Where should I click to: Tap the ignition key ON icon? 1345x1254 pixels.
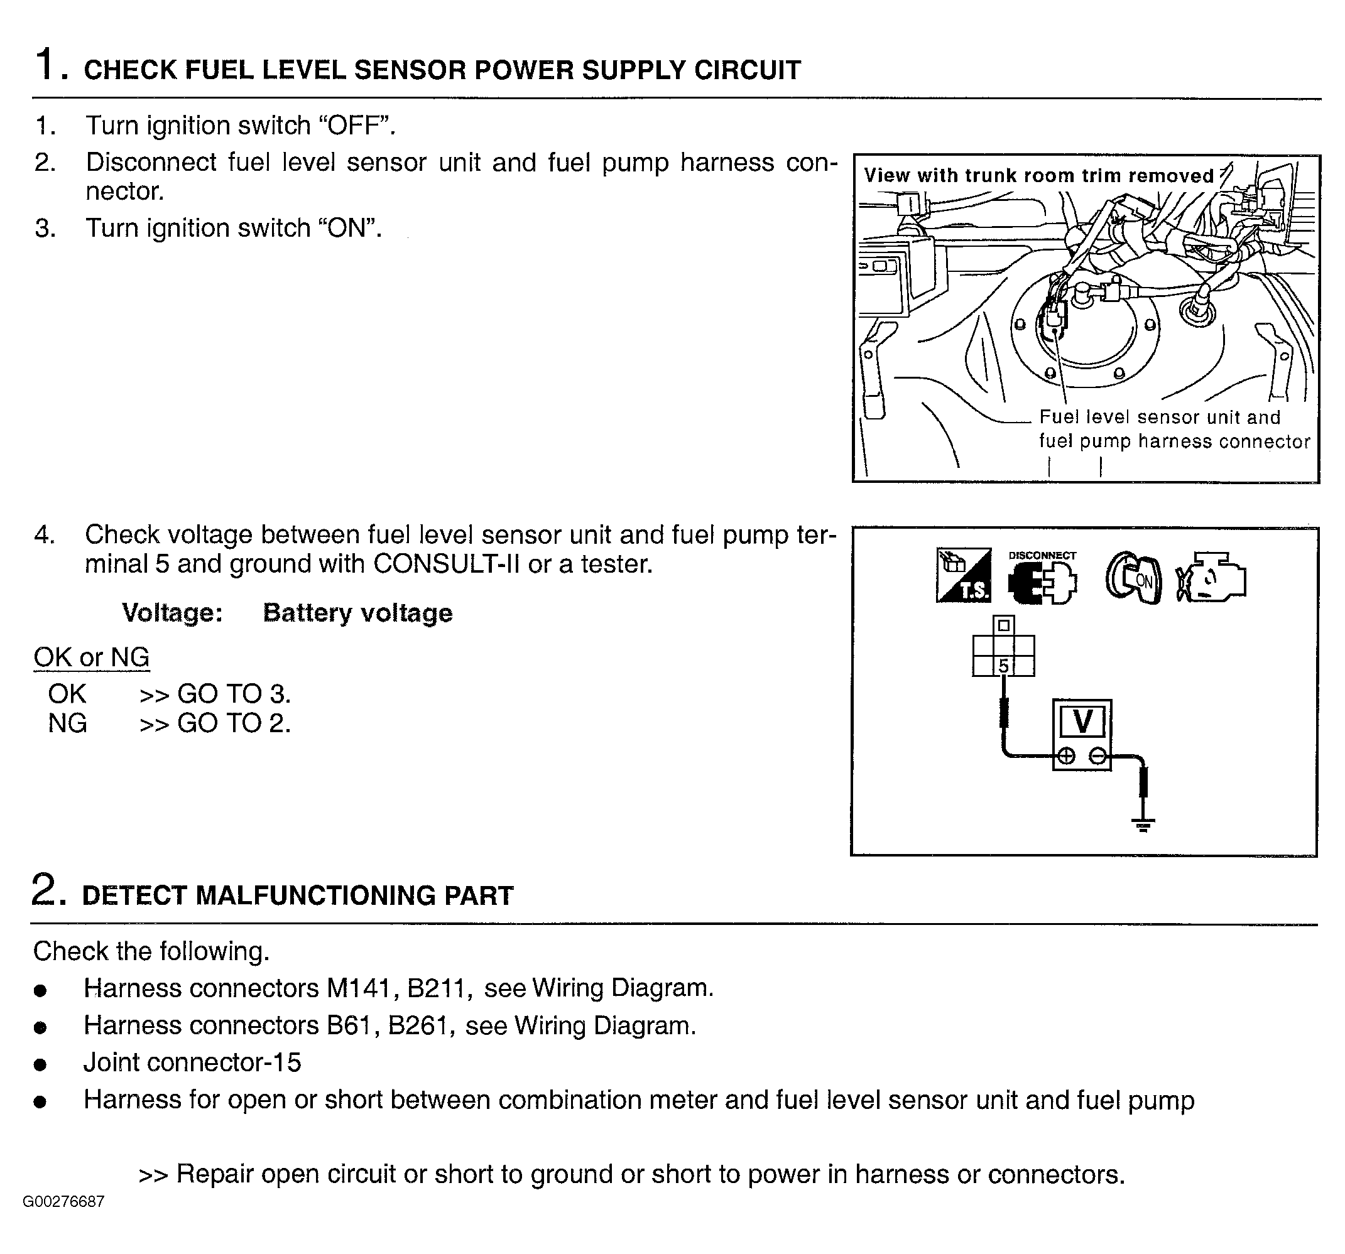1133,579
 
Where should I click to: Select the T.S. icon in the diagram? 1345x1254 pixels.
964,576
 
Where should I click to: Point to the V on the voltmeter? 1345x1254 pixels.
1082,722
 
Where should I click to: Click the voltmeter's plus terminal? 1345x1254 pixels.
1065,755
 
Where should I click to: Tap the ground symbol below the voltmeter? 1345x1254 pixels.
1143,825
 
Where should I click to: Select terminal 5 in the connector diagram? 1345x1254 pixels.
1003,666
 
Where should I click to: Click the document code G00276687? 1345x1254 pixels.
63,1201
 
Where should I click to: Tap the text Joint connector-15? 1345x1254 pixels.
192,1062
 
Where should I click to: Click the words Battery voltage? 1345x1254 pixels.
357,613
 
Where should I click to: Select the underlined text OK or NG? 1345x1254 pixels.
91,657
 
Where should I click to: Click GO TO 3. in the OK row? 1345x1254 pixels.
234,694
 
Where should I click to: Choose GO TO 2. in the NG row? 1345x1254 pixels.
234,724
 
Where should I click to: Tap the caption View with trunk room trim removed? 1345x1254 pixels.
1038,176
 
